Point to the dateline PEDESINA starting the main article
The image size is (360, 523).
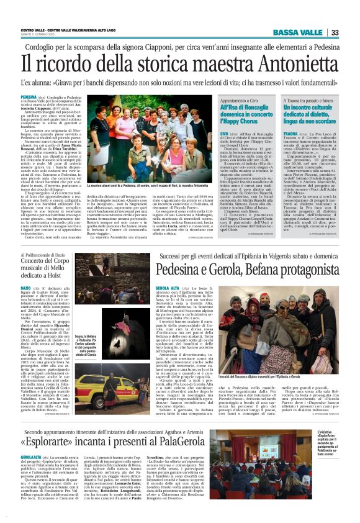(x=29, y=98)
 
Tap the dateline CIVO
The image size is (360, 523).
(x=208, y=133)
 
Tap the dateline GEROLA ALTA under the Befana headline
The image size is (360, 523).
(x=168, y=288)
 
